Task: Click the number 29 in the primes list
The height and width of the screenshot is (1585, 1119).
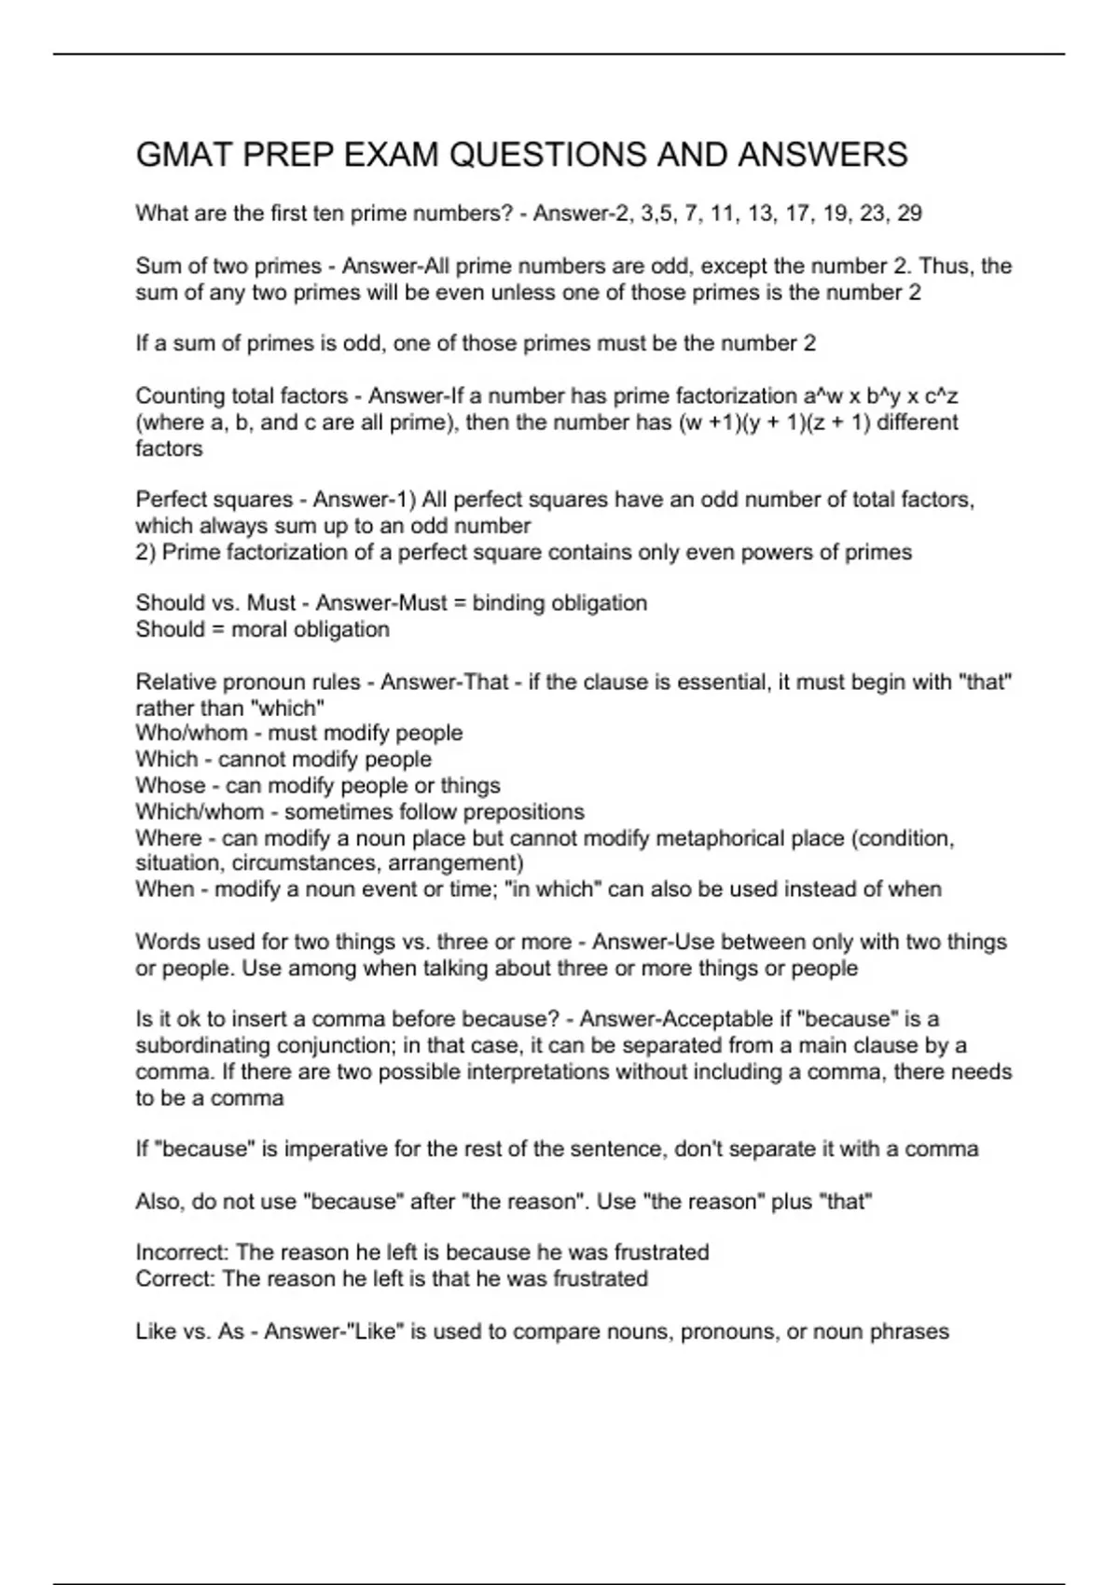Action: (909, 214)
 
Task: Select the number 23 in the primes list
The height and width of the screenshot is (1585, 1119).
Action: (873, 214)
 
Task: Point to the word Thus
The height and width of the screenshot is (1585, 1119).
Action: (945, 266)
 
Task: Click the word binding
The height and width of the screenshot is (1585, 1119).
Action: (512, 603)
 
